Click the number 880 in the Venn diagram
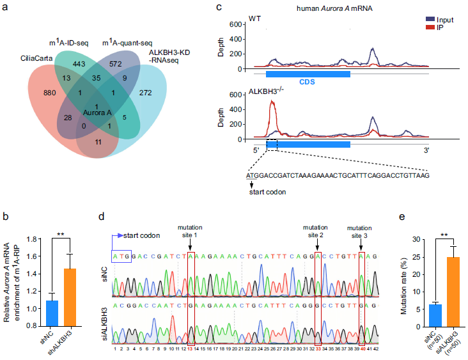coord(49,93)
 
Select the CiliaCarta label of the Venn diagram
coord(36,58)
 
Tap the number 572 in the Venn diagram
coord(116,64)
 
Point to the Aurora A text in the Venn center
coord(97,113)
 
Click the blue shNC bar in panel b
coord(52,313)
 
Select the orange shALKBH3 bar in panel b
coord(70,297)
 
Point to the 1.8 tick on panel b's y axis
coord(31,239)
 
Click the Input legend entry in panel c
coord(440,20)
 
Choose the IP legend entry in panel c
coord(435,27)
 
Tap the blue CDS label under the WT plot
coord(307,82)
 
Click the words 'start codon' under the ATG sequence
coord(267,192)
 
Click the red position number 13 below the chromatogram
coord(189,348)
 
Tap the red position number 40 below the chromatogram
coord(363,348)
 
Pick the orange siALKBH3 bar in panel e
coord(453,292)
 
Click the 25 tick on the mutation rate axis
coord(416,257)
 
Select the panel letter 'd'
coord(102,216)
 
